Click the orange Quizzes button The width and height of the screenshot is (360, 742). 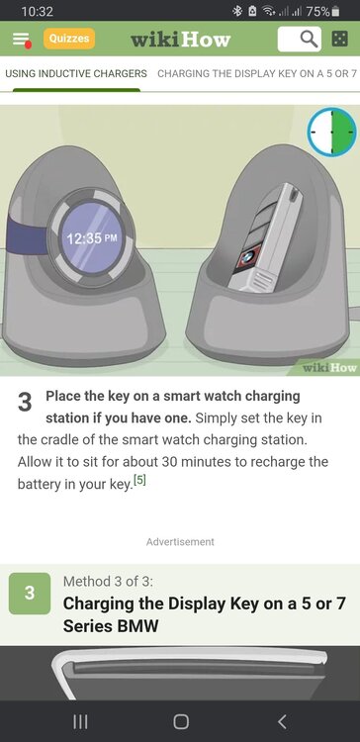(x=69, y=39)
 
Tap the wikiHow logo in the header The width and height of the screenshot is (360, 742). (x=180, y=39)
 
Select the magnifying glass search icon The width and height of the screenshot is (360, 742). (x=309, y=39)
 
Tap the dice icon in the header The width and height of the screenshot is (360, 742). (x=339, y=39)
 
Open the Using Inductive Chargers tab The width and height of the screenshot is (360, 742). (x=76, y=74)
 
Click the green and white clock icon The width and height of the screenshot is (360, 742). (x=331, y=131)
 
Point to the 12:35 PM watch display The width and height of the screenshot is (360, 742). (x=92, y=237)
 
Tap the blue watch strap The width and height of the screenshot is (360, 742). (x=28, y=234)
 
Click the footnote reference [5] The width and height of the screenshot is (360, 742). (x=139, y=480)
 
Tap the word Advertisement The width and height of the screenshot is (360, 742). (x=180, y=542)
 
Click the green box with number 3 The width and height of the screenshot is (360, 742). (x=30, y=594)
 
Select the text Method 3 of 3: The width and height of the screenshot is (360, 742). (x=108, y=581)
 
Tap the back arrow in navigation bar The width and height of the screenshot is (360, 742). (x=282, y=721)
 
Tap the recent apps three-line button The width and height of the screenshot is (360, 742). (x=80, y=721)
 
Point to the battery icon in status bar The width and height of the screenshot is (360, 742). (x=335, y=11)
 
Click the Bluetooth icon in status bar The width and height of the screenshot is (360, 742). (x=236, y=11)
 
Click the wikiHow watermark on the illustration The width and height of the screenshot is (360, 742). (x=329, y=368)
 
